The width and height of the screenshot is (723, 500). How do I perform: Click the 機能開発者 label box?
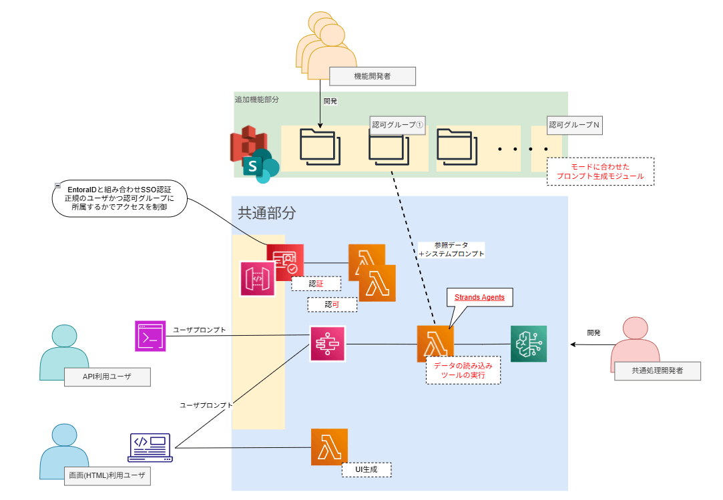[373, 76]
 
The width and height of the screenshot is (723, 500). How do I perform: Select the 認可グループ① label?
[398, 125]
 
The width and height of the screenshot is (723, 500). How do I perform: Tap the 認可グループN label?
[573, 125]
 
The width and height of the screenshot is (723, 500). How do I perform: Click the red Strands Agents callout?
[479, 297]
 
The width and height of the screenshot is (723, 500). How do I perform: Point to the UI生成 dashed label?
[366, 470]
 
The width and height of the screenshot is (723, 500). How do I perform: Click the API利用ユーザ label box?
[107, 377]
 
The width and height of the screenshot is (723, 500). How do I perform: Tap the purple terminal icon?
[150, 336]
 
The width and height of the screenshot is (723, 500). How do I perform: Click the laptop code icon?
[150, 448]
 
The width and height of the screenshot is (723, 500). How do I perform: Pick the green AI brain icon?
[529, 344]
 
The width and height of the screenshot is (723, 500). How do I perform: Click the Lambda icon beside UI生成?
[330, 447]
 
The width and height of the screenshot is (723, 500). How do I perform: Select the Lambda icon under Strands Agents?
[435, 344]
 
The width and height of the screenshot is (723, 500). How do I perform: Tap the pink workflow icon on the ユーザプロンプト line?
[327, 344]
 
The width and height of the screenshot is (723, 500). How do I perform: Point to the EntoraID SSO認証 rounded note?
[119, 199]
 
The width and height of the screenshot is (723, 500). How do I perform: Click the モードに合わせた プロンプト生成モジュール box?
[600, 171]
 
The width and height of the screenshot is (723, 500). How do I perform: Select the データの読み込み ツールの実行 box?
[463, 370]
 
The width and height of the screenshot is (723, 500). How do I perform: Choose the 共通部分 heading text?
[266, 214]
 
